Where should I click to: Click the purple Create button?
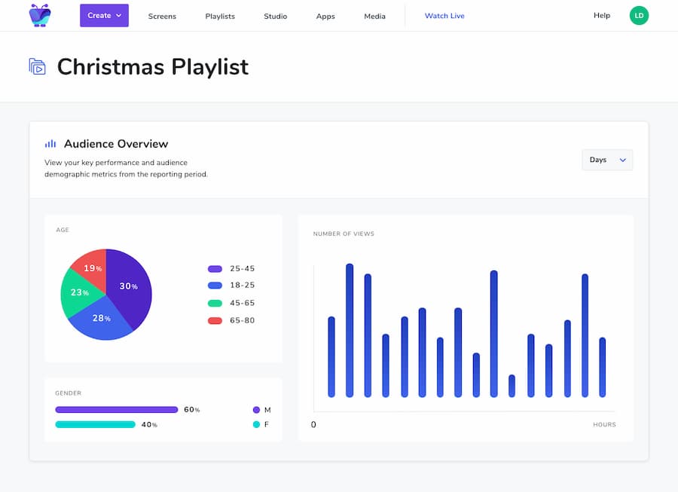click(x=104, y=16)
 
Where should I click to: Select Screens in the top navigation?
click(x=161, y=16)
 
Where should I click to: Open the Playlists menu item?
click(x=220, y=16)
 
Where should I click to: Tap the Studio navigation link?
click(x=275, y=16)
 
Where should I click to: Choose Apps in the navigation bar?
click(x=325, y=16)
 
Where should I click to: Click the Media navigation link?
click(x=374, y=16)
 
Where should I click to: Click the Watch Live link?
click(x=444, y=16)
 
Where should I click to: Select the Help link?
click(x=602, y=16)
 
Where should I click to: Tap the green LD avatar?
click(x=639, y=16)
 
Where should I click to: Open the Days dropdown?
click(x=607, y=160)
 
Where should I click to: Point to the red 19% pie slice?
click(x=90, y=267)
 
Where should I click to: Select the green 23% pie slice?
click(x=78, y=294)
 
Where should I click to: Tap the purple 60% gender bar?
click(x=117, y=410)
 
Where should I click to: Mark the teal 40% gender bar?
click(x=96, y=425)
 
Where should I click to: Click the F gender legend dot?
click(x=256, y=425)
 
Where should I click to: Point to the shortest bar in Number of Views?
click(x=512, y=386)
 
